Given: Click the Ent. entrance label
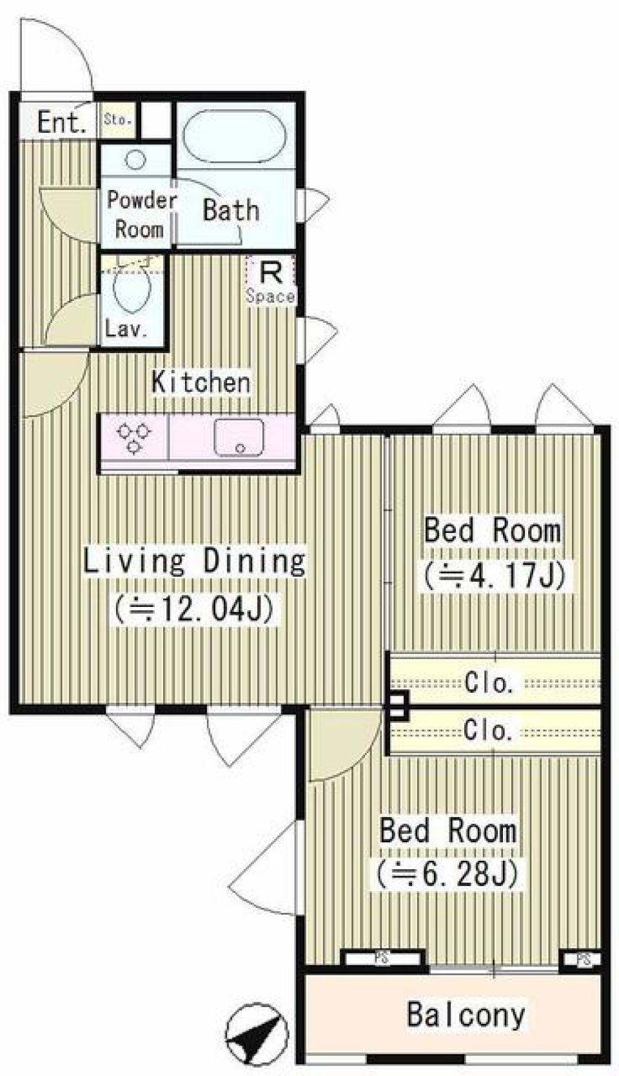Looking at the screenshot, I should [x=61, y=122].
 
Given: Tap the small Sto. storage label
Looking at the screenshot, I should [x=118, y=120].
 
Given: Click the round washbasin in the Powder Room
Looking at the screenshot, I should [x=135, y=159].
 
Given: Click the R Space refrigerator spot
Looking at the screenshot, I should [x=270, y=281].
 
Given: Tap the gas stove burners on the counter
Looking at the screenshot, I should [x=134, y=437].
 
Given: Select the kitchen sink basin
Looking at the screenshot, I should [x=239, y=437].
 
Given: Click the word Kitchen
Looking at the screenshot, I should [x=201, y=382].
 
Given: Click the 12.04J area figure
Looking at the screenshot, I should [x=195, y=608].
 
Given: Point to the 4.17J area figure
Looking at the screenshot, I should [x=495, y=575].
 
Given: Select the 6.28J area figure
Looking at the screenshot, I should [x=447, y=874].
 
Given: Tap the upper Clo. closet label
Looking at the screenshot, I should [x=489, y=682].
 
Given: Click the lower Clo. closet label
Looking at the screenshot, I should [x=487, y=730].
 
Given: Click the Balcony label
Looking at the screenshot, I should [x=466, y=1015].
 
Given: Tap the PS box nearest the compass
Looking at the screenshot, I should [x=382, y=959].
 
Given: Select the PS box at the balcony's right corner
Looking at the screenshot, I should [x=583, y=959].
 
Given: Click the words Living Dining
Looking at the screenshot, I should [x=194, y=561].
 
